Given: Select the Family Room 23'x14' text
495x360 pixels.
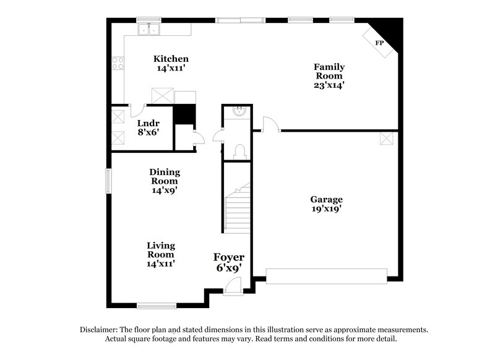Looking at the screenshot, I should click(x=329, y=76).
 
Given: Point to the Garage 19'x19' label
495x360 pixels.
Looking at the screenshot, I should click(x=326, y=204).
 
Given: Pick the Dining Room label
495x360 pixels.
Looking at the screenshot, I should click(x=164, y=181).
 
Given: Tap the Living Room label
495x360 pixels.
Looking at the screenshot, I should click(x=161, y=254).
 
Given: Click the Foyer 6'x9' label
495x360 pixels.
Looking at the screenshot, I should click(x=228, y=262).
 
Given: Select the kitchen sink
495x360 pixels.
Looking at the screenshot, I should click(x=148, y=28).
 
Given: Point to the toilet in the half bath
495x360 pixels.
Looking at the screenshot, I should click(x=240, y=150).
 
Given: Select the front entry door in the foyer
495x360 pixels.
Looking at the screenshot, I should click(x=233, y=284).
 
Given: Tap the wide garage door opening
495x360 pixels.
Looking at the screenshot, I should click(x=326, y=276).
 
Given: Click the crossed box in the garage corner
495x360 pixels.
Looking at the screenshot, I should click(x=387, y=139).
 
